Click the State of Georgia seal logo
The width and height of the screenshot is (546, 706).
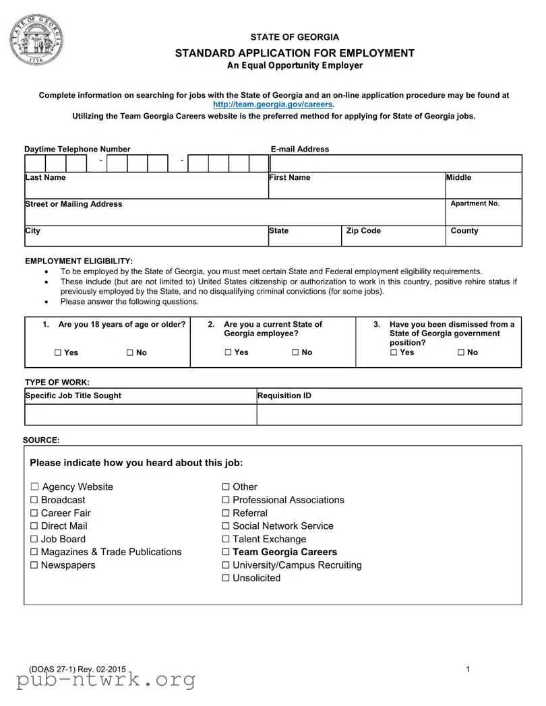[x=36, y=39]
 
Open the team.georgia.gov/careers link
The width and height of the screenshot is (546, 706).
[x=273, y=105]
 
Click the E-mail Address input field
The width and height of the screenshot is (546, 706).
[x=396, y=163]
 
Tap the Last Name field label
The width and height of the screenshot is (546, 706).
[x=45, y=177]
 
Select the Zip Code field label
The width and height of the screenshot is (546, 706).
[x=363, y=231]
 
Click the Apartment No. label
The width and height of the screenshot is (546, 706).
[x=475, y=203]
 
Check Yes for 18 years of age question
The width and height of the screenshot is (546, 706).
[x=58, y=353]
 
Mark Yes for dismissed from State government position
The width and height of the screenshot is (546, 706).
[x=394, y=352]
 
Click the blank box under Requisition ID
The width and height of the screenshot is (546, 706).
[x=389, y=415]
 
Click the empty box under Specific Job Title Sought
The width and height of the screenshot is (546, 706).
[x=140, y=415]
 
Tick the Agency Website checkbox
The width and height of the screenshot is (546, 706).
[x=35, y=487]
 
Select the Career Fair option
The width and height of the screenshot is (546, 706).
[x=35, y=513]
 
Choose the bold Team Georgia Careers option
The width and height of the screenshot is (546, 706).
[x=226, y=552]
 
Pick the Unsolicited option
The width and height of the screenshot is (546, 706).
[x=226, y=578]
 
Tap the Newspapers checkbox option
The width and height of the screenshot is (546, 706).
[x=35, y=565]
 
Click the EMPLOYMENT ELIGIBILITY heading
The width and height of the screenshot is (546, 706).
[x=79, y=261]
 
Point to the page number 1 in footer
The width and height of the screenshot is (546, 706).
[x=467, y=669]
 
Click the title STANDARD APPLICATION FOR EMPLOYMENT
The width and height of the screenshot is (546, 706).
[x=295, y=53]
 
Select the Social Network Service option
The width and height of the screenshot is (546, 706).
[x=226, y=526]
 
